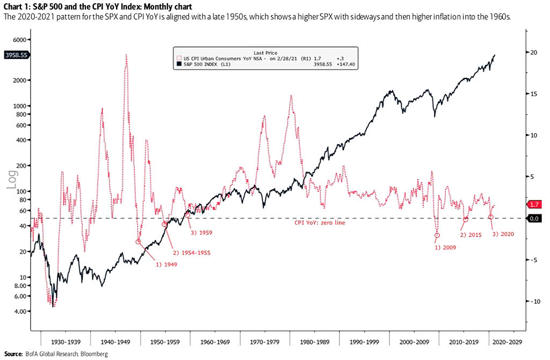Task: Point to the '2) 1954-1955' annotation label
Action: [x=190, y=252]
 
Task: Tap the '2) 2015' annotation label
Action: [x=472, y=235]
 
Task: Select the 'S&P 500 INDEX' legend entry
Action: [x=202, y=64]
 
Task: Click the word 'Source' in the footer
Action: [x=13, y=354]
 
